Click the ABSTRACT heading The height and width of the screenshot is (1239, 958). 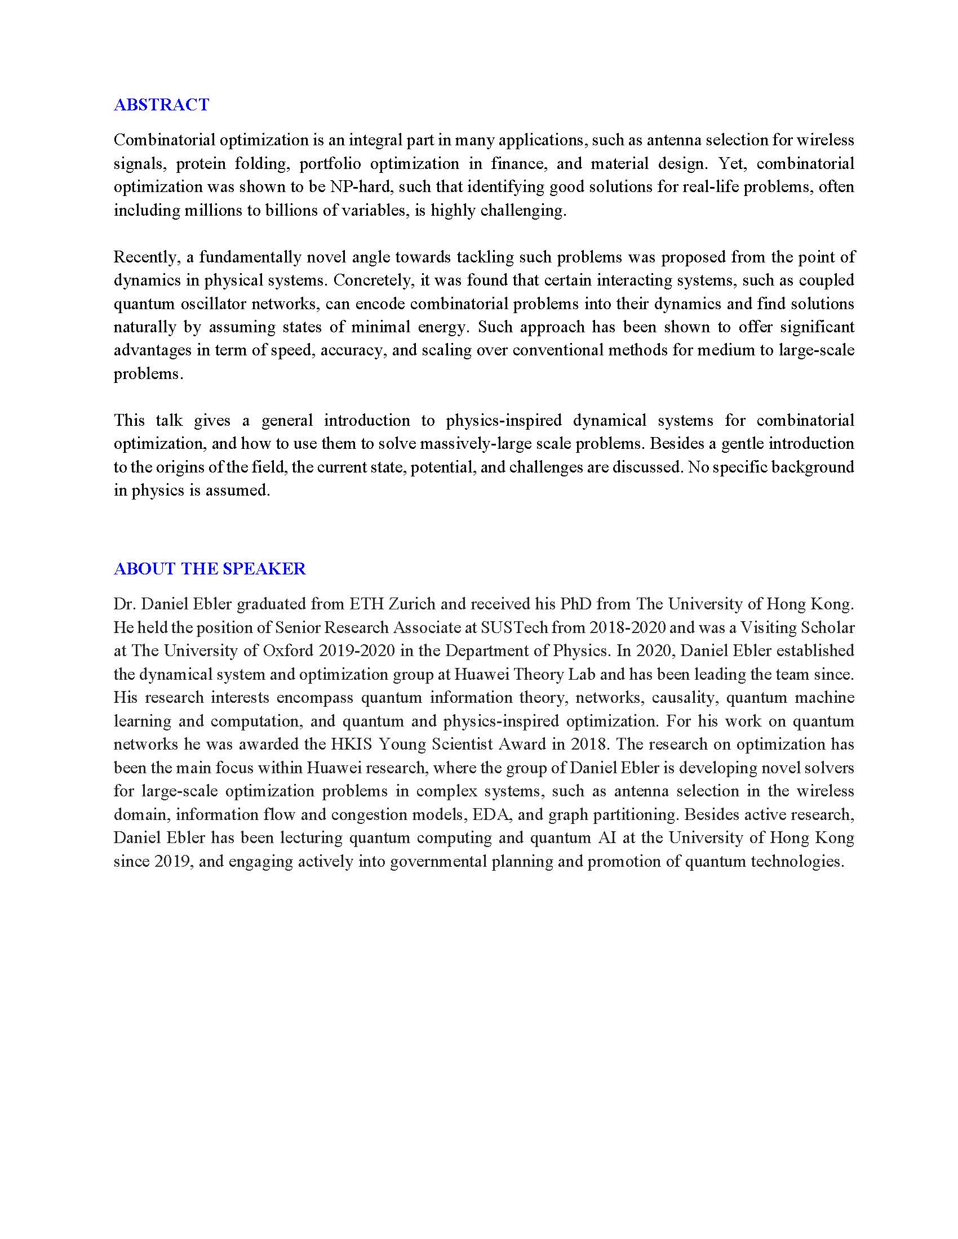(161, 104)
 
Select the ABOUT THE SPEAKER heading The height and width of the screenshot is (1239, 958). (210, 569)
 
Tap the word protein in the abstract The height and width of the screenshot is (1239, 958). (200, 164)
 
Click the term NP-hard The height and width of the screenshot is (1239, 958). (362, 187)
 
